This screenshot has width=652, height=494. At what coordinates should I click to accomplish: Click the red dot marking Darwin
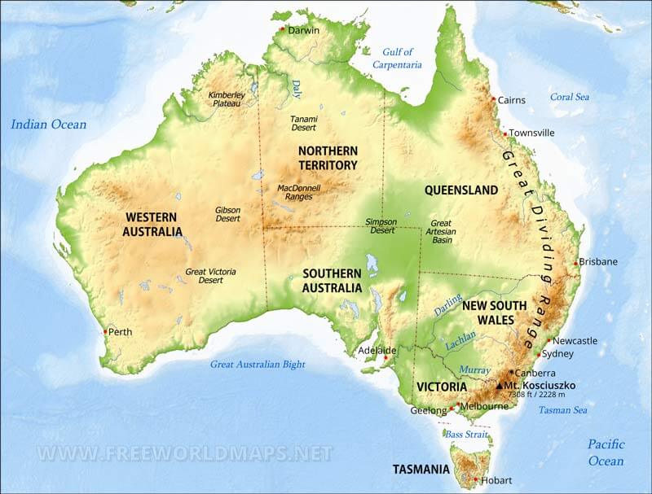282,29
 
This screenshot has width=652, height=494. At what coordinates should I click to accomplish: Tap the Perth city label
120,332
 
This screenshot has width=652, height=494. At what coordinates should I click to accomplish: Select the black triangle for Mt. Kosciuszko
500,385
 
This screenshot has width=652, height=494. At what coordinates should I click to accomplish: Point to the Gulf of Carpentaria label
397,58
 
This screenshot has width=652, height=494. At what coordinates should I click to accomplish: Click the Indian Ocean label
48,125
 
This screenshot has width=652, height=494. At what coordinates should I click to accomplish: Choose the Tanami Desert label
304,123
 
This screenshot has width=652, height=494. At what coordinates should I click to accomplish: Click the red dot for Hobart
476,479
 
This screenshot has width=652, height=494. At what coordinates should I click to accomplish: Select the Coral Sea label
569,96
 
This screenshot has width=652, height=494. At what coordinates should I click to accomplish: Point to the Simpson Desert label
380,225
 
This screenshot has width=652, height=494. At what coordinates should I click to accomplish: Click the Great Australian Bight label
258,365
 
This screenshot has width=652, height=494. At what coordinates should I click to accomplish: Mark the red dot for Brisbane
576,263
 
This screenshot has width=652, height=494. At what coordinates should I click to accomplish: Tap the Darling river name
447,305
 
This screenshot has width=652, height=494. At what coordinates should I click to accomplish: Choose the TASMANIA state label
421,470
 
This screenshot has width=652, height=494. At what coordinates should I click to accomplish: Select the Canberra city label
535,373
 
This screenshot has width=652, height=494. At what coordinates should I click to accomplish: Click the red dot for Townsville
505,133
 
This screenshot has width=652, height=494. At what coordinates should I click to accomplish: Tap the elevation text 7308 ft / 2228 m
535,395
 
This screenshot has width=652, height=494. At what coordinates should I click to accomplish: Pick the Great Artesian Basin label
441,231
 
